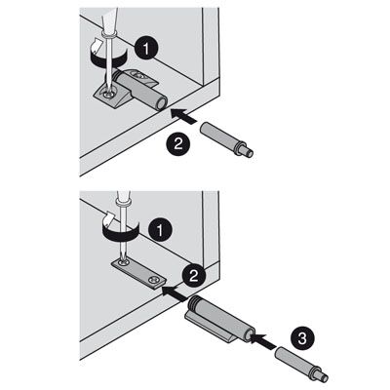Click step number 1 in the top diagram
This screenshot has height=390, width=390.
[x=146, y=48]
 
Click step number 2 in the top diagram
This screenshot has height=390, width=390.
[x=178, y=143]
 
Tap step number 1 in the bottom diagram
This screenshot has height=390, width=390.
[x=160, y=230]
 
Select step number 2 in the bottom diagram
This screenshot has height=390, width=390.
[x=194, y=276]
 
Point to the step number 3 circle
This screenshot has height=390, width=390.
[x=302, y=339]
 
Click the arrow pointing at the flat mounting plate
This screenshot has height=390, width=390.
[x=175, y=292]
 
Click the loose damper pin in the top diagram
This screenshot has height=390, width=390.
[x=226, y=139]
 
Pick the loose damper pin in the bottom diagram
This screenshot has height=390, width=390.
[x=301, y=364]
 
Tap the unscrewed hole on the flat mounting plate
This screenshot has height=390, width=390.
[x=153, y=279]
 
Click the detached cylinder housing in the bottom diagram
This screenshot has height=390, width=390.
[x=221, y=319]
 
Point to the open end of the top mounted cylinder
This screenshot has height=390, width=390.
[x=162, y=104]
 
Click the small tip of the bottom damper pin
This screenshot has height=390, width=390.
[x=324, y=377]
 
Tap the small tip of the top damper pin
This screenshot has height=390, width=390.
[x=249, y=153]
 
